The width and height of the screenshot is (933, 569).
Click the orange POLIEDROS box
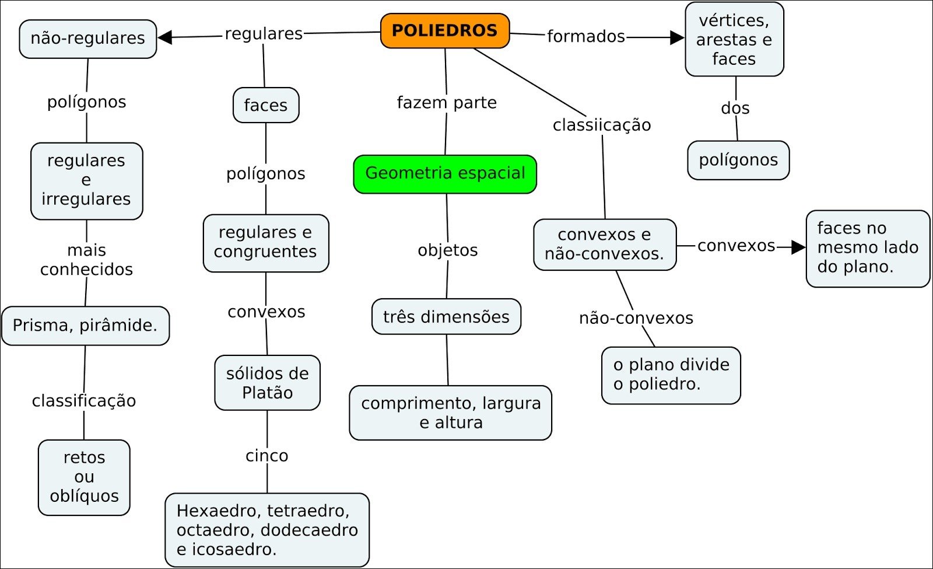[x=445, y=31]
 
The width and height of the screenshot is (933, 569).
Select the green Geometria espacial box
[x=445, y=174]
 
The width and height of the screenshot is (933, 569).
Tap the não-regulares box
[x=88, y=39]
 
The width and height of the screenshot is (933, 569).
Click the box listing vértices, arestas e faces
[x=734, y=40]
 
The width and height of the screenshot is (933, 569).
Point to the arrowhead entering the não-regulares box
[x=165, y=37]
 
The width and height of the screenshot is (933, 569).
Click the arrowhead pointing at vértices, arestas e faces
[x=677, y=38]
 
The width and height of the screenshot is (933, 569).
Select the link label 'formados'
[x=585, y=36]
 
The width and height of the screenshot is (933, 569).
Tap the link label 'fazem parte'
[x=447, y=103]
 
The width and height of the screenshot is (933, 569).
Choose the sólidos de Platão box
[x=267, y=383]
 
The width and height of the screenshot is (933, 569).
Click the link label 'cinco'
[x=267, y=456]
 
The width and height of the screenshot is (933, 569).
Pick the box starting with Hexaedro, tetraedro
[x=267, y=530]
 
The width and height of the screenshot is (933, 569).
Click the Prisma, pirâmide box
[x=85, y=326]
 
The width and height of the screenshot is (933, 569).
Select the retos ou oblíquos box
[x=84, y=477]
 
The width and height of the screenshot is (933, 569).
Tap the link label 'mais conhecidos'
[x=86, y=260]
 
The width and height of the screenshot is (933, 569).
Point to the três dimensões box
[x=446, y=317]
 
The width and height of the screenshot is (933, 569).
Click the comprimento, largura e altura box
[x=450, y=413]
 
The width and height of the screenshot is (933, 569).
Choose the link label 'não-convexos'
[x=636, y=318]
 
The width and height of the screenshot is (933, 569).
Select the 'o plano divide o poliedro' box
[x=671, y=375]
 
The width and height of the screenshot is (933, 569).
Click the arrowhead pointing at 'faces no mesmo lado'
[x=798, y=247]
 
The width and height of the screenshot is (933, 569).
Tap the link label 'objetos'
[x=447, y=250]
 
